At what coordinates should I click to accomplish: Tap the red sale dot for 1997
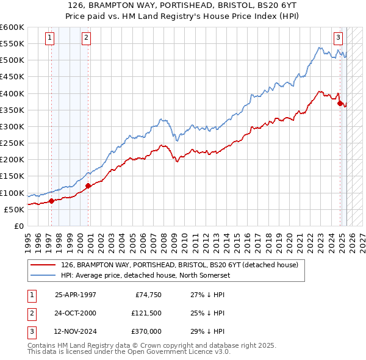(51, 200)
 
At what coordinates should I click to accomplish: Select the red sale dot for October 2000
(88, 185)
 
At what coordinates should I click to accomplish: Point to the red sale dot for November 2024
(340, 103)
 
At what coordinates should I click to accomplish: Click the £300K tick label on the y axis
(12, 126)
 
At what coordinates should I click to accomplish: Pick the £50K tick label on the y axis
(14, 209)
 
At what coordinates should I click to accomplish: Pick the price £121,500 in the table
(146, 313)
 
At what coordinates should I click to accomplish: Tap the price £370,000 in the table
(146, 331)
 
